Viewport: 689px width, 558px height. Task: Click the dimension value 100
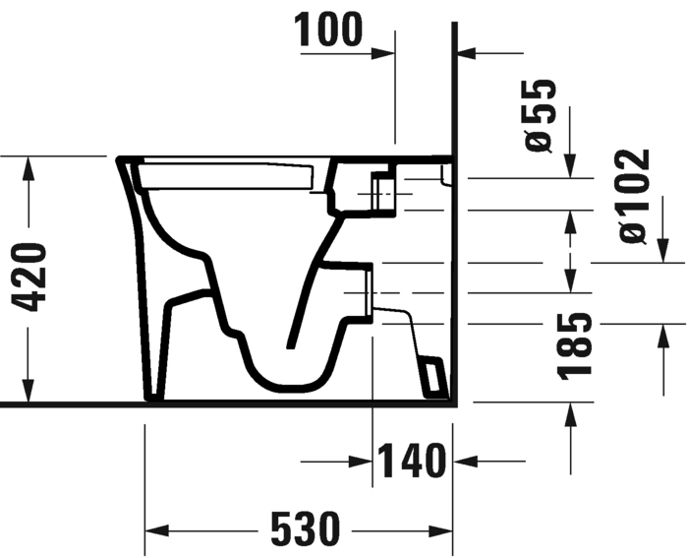click(329, 31)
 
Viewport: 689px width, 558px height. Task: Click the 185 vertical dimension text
click(574, 345)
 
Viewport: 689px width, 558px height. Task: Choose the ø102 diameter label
click(630, 196)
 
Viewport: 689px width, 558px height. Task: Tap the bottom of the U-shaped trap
click(285, 379)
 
